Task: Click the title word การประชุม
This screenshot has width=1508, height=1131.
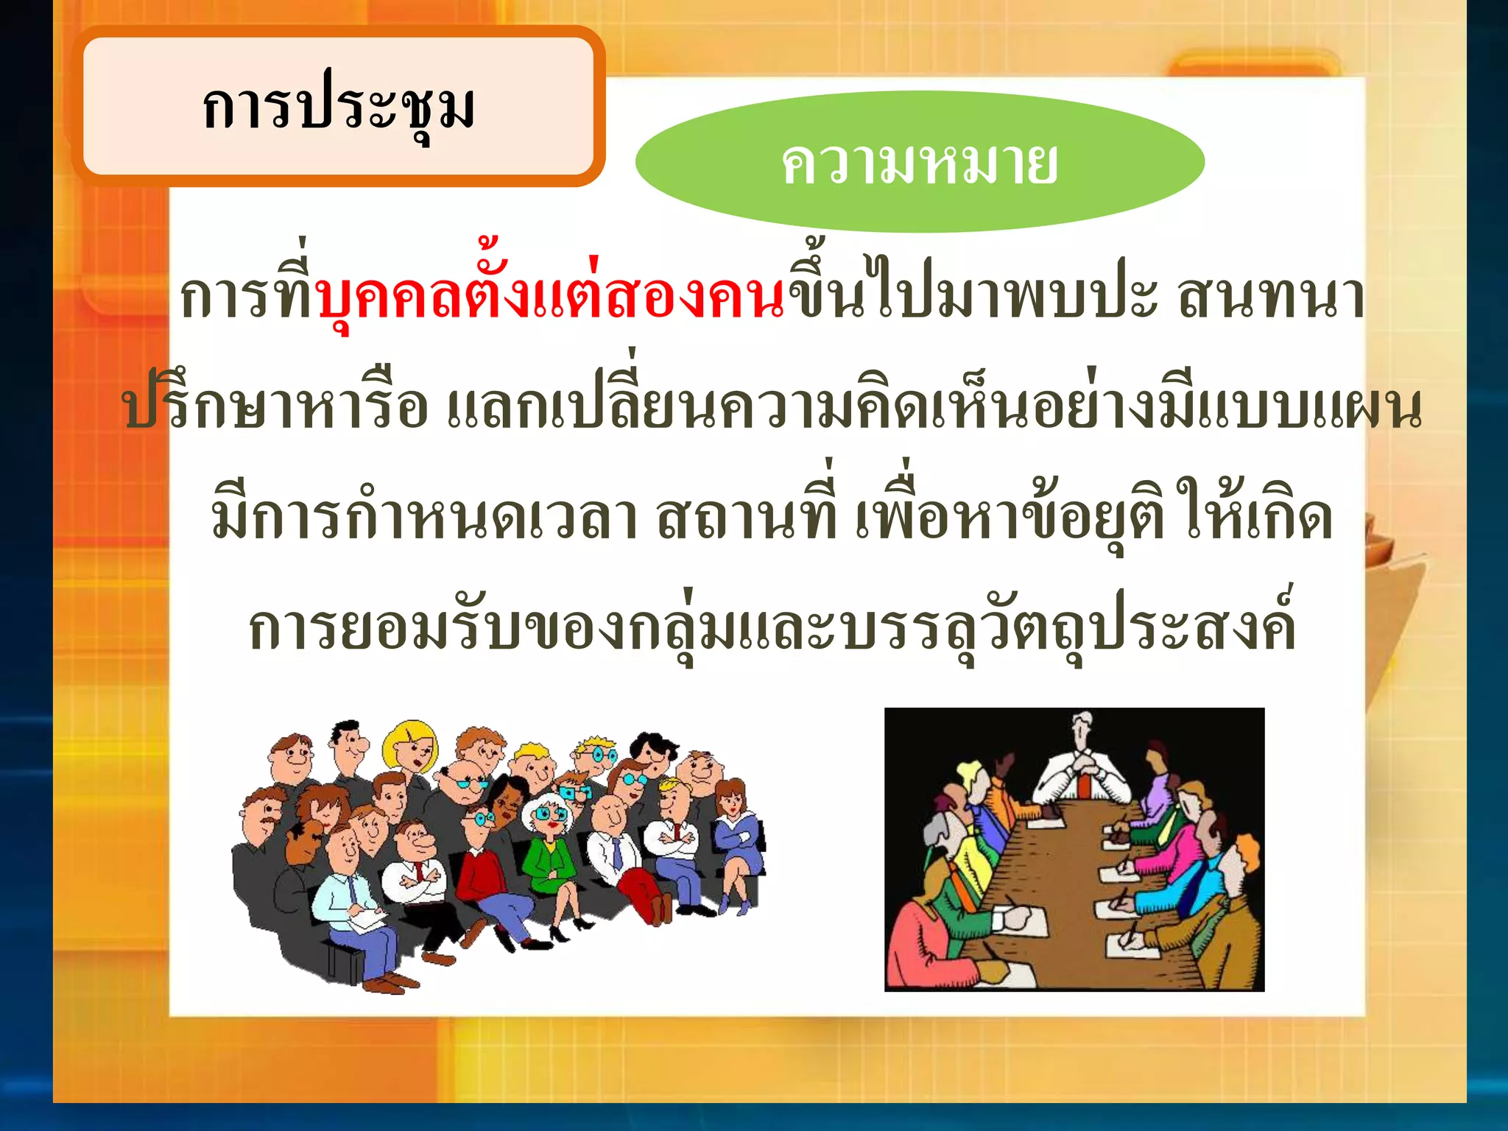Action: tap(339, 108)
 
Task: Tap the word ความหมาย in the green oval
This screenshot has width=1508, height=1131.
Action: tap(919, 163)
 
